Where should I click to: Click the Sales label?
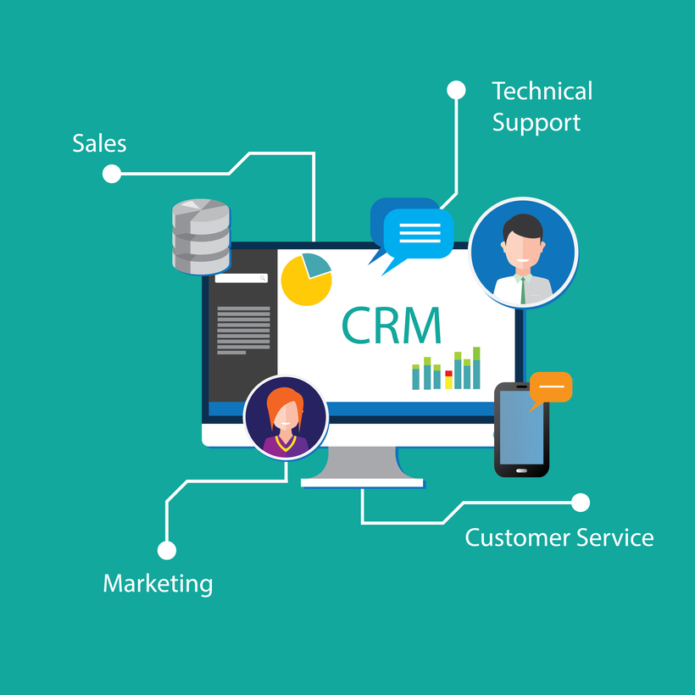[x=99, y=143]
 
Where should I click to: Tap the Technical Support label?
[x=542, y=107]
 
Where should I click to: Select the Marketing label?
[x=158, y=583]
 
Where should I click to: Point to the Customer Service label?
[x=559, y=537]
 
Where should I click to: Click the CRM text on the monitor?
[x=392, y=325]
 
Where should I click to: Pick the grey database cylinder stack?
[x=201, y=236]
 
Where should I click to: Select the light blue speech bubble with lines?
[x=419, y=233]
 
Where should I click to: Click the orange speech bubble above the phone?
[x=551, y=387]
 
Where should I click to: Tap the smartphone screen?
[x=520, y=427]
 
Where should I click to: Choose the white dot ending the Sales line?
[x=111, y=174]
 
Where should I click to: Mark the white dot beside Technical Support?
[x=456, y=90]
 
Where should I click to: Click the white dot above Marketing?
[x=167, y=550]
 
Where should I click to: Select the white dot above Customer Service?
[x=581, y=503]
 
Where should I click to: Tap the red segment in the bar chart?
[x=448, y=373]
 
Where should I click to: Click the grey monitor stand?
[x=362, y=465]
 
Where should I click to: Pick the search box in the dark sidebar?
[x=242, y=278]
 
